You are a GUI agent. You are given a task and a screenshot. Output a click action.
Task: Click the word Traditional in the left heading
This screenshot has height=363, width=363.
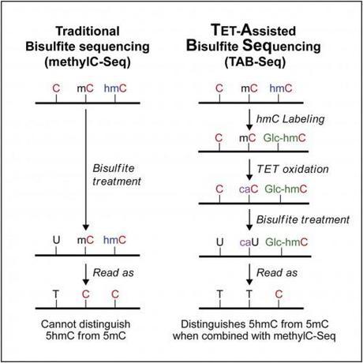(88, 31)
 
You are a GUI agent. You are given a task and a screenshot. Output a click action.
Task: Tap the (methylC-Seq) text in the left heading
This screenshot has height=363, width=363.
(88, 62)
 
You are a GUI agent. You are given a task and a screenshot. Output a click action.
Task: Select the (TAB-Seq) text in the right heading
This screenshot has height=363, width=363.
(255, 62)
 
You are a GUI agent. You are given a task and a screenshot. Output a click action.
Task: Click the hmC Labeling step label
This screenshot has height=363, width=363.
(290, 119)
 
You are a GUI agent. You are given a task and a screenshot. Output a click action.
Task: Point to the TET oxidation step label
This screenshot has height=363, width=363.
(293, 169)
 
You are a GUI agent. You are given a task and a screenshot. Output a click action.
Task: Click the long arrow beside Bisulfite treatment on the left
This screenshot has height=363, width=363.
(86, 170)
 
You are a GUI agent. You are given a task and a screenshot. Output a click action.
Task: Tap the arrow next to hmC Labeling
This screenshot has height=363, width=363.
(249, 120)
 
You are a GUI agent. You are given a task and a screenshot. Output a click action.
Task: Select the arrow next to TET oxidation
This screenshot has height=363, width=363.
(249, 170)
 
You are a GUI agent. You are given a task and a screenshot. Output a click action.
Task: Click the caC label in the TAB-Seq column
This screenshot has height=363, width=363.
(249, 189)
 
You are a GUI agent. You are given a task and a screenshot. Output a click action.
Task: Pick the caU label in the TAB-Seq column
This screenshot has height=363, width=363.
(249, 242)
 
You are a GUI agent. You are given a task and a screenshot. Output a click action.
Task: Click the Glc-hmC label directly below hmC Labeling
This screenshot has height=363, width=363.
(285, 138)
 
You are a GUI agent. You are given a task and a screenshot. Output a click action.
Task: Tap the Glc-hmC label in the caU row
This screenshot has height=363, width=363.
(286, 242)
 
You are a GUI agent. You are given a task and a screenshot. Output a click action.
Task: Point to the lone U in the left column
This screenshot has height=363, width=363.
(56, 240)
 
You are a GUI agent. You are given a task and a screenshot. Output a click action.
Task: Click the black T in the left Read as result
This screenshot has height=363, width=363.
(56, 294)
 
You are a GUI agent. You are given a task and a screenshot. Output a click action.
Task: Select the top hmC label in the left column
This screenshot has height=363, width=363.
(115, 88)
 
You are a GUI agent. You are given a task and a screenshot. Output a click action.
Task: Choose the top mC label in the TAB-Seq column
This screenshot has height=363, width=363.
(249, 88)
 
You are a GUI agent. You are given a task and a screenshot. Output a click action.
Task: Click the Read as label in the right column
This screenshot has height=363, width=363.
(277, 273)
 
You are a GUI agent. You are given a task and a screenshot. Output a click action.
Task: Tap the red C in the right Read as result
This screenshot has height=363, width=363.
(279, 294)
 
